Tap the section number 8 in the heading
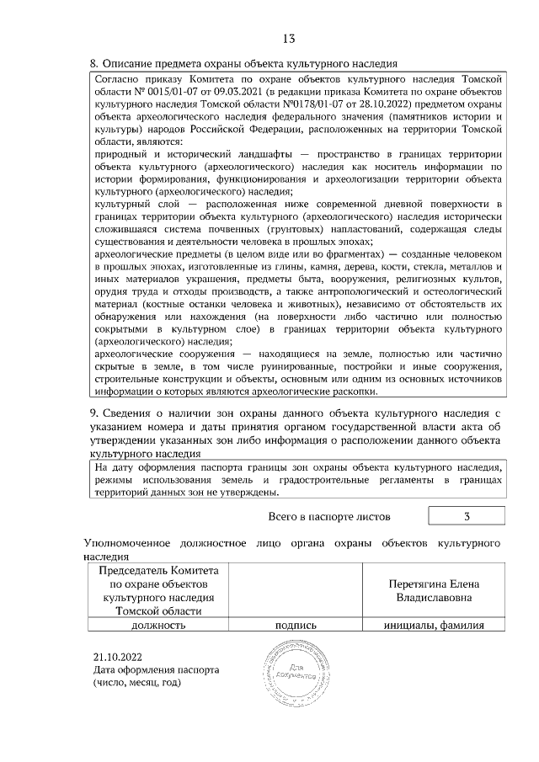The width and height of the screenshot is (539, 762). click(x=93, y=63)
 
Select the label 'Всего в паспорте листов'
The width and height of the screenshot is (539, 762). click(x=328, y=515)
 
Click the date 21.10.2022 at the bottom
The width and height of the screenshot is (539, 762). click(x=119, y=657)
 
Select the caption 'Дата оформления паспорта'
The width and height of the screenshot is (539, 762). click(x=156, y=670)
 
